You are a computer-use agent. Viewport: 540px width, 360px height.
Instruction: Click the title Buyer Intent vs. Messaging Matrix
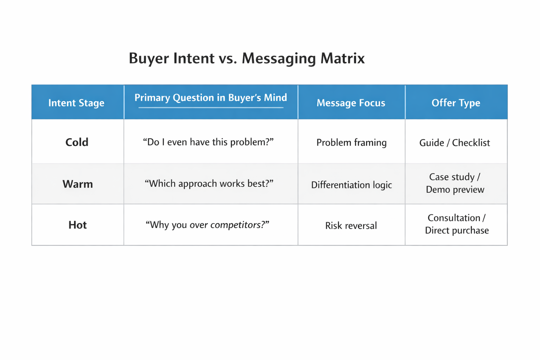tap(246, 58)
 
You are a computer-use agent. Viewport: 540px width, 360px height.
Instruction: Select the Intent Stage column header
tap(76, 103)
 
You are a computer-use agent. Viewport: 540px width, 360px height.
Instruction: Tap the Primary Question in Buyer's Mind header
tap(211, 98)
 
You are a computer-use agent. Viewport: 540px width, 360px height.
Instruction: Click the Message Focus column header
tap(351, 103)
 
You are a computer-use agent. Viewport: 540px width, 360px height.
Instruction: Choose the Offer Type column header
tap(456, 103)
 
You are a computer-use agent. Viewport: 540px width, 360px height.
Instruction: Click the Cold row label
tap(77, 142)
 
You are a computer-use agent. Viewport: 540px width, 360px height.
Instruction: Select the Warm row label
tap(78, 184)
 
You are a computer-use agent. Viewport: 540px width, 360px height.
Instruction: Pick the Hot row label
tap(77, 225)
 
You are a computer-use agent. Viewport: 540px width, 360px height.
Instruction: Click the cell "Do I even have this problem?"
tap(208, 142)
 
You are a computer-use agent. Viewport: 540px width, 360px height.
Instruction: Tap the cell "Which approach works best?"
tap(209, 184)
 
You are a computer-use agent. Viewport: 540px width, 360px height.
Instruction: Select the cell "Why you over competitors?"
tap(207, 225)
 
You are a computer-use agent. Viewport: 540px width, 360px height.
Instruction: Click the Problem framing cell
tap(351, 142)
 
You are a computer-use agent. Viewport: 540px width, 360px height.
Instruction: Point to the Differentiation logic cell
tap(351, 185)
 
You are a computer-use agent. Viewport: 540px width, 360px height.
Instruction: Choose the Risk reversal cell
tap(351, 225)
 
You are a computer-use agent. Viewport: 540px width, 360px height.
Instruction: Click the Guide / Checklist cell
tap(455, 143)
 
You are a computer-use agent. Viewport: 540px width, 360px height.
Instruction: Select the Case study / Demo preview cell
tap(455, 183)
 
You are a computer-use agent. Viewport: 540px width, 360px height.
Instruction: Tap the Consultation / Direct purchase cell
tap(456, 224)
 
